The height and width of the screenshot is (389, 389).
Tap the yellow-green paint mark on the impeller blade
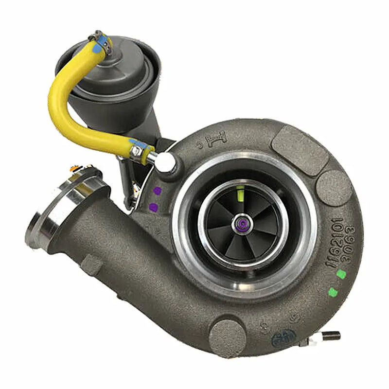pyautogui.click(x=240, y=193)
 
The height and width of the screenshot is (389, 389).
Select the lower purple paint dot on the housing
pyautogui.click(x=153, y=207)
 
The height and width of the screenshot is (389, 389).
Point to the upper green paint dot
pyautogui.click(x=341, y=274)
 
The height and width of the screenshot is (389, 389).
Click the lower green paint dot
pyautogui.click(x=333, y=292)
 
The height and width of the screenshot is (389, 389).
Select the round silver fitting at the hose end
pyautogui.click(x=165, y=161)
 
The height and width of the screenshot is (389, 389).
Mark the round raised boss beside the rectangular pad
pyautogui.click(x=333, y=187)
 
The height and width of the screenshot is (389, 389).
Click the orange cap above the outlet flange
pyautogui.click(x=74, y=168)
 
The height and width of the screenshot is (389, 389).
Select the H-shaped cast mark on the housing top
pyautogui.click(x=216, y=141)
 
